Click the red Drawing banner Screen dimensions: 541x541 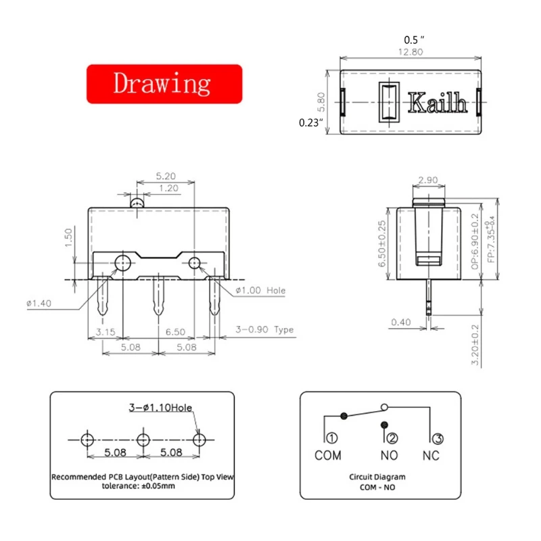click(164, 84)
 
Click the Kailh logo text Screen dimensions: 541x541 click(438, 104)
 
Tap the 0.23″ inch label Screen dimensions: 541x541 click(311, 123)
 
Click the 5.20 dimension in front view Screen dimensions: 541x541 click(166, 175)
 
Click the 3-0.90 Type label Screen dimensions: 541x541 click(264, 330)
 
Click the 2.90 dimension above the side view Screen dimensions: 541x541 click(428, 181)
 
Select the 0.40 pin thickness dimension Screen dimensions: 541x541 click(401, 323)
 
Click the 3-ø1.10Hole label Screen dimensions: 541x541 click(160, 408)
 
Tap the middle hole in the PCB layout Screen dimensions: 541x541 click(143, 440)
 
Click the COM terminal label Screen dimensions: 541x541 click(328, 455)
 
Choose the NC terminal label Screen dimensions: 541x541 click(431, 455)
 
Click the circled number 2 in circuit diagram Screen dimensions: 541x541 click(392, 438)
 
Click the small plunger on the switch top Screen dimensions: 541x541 click(137, 202)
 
